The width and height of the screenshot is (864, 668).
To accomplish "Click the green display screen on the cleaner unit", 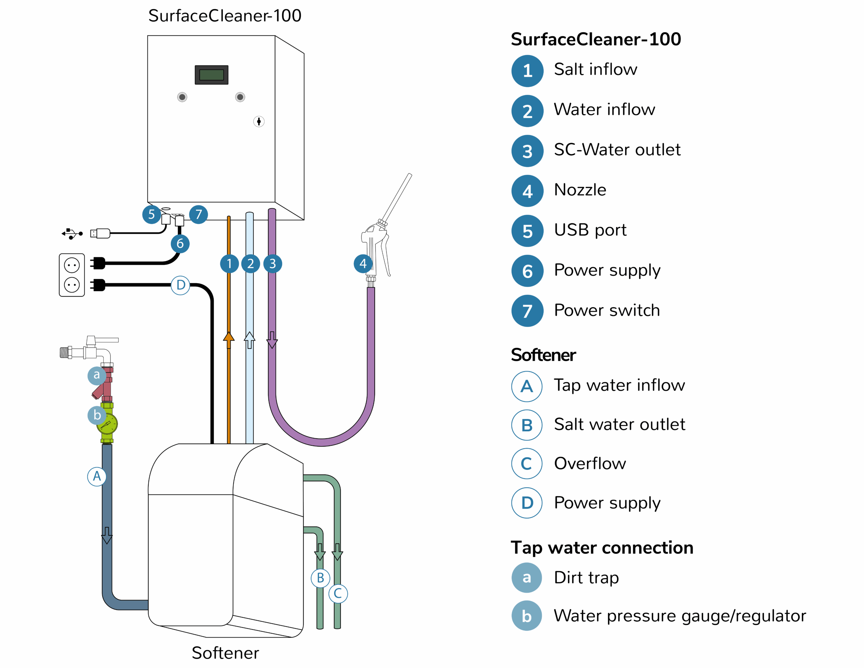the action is [212, 75].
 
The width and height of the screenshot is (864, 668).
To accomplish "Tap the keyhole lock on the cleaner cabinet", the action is [259, 122].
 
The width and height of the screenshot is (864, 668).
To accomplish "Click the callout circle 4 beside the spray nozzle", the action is [363, 264].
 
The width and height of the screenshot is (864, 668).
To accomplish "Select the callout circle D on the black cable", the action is [181, 285].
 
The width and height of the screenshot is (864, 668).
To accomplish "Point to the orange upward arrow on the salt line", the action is [229, 340].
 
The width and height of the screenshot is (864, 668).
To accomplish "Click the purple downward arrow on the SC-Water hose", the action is [272, 340].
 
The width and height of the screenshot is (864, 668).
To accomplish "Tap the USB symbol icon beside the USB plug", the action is [72, 234].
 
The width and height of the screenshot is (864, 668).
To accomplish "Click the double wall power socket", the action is [72, 275].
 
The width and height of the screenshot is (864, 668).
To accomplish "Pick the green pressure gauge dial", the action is [107, 424].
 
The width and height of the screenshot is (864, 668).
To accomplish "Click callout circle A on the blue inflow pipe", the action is [97, 477].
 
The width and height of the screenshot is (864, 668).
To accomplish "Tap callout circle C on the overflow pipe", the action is [338, 594].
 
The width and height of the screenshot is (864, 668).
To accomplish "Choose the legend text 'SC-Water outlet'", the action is [617, 150].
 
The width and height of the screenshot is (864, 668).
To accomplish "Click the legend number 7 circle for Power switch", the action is [527, 311].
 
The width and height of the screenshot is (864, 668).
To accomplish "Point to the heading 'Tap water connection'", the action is [602, 548].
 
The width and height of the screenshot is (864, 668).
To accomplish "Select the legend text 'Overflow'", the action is [590, 464].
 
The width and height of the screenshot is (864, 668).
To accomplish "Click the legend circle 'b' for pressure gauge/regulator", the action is [527, 616].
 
